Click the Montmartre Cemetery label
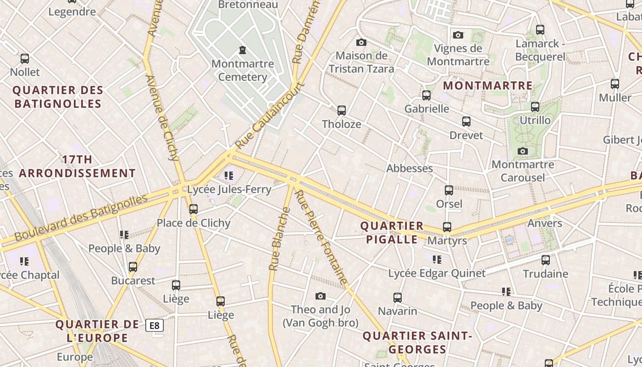243,70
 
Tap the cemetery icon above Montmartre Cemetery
243,50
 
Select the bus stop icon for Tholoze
342,110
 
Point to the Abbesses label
410,168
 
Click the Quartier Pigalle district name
392,233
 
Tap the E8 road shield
155,325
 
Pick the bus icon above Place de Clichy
194,209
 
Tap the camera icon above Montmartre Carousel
522,151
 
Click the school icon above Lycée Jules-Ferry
229,175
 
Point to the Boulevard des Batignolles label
81,217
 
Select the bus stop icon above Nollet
25,59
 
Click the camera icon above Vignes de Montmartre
458,35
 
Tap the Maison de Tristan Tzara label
361,62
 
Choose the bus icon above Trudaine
546,260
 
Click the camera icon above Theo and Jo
321,296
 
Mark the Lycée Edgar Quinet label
437,273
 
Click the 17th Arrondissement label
77,166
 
